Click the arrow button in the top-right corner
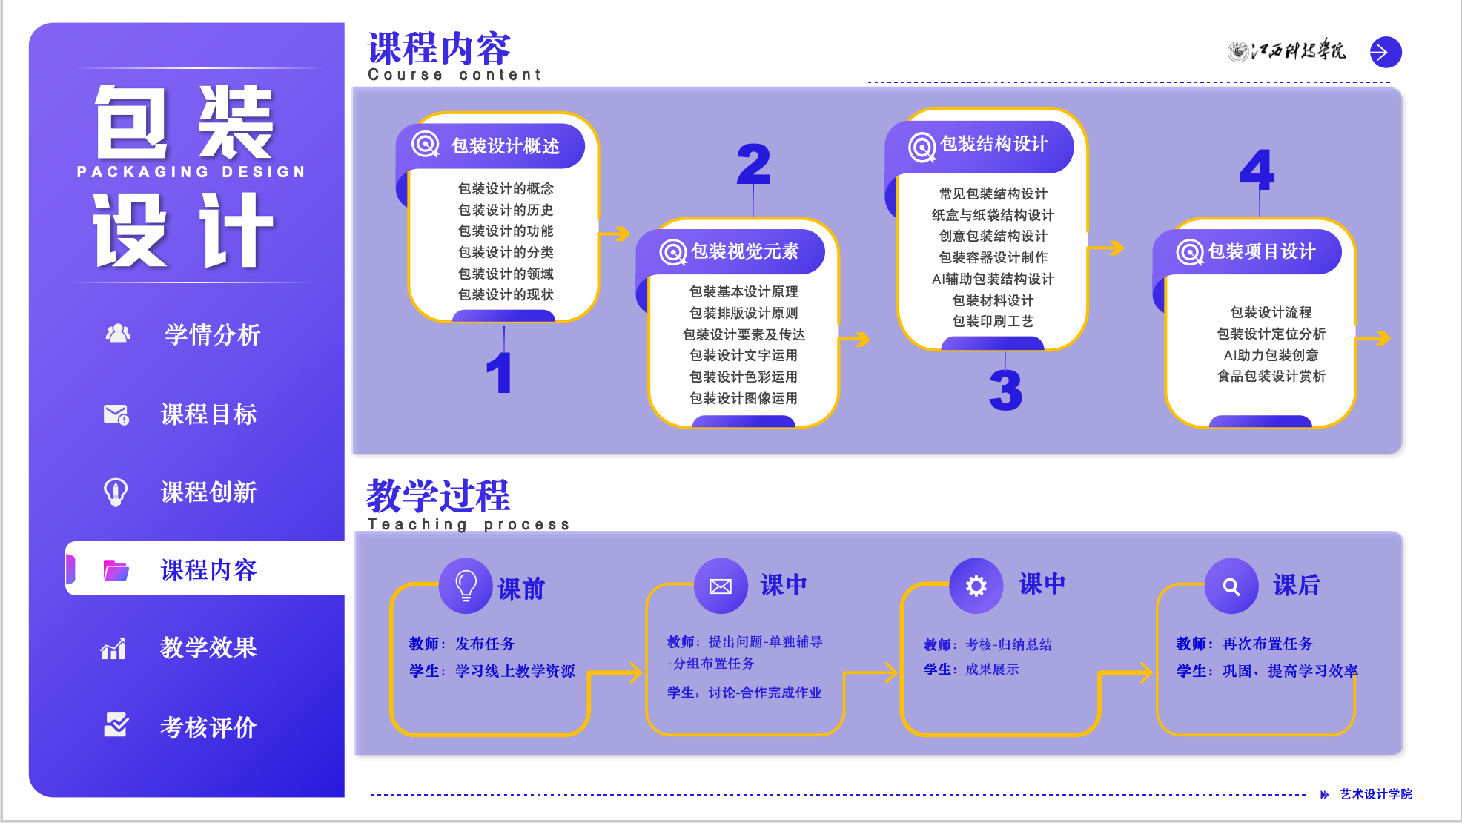tap(1385, 52)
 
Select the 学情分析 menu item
tap(212, 334)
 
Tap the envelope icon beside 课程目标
tap(116, 414)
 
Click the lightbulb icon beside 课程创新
tap(116, 492)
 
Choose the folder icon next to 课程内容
tap(116, 570)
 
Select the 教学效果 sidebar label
tap(208, 647)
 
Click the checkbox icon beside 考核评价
tap(116, 724)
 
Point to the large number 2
tap(753, 165)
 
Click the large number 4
tap(1257, 170)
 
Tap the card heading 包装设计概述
tap(505, 146)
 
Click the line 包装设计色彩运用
tap(744, 377)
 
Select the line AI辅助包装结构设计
tap(993, 279)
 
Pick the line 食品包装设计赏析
tap(1271, 377)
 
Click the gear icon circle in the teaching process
tap(976, 586)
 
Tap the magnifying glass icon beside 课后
tap(1231, 586)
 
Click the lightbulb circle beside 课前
tap(466, 586)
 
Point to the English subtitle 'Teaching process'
tap(469, 525)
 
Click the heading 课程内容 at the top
tap(439, 49)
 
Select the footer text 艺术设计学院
tap(1375, 794)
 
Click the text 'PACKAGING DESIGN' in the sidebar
tap(191, 172)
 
